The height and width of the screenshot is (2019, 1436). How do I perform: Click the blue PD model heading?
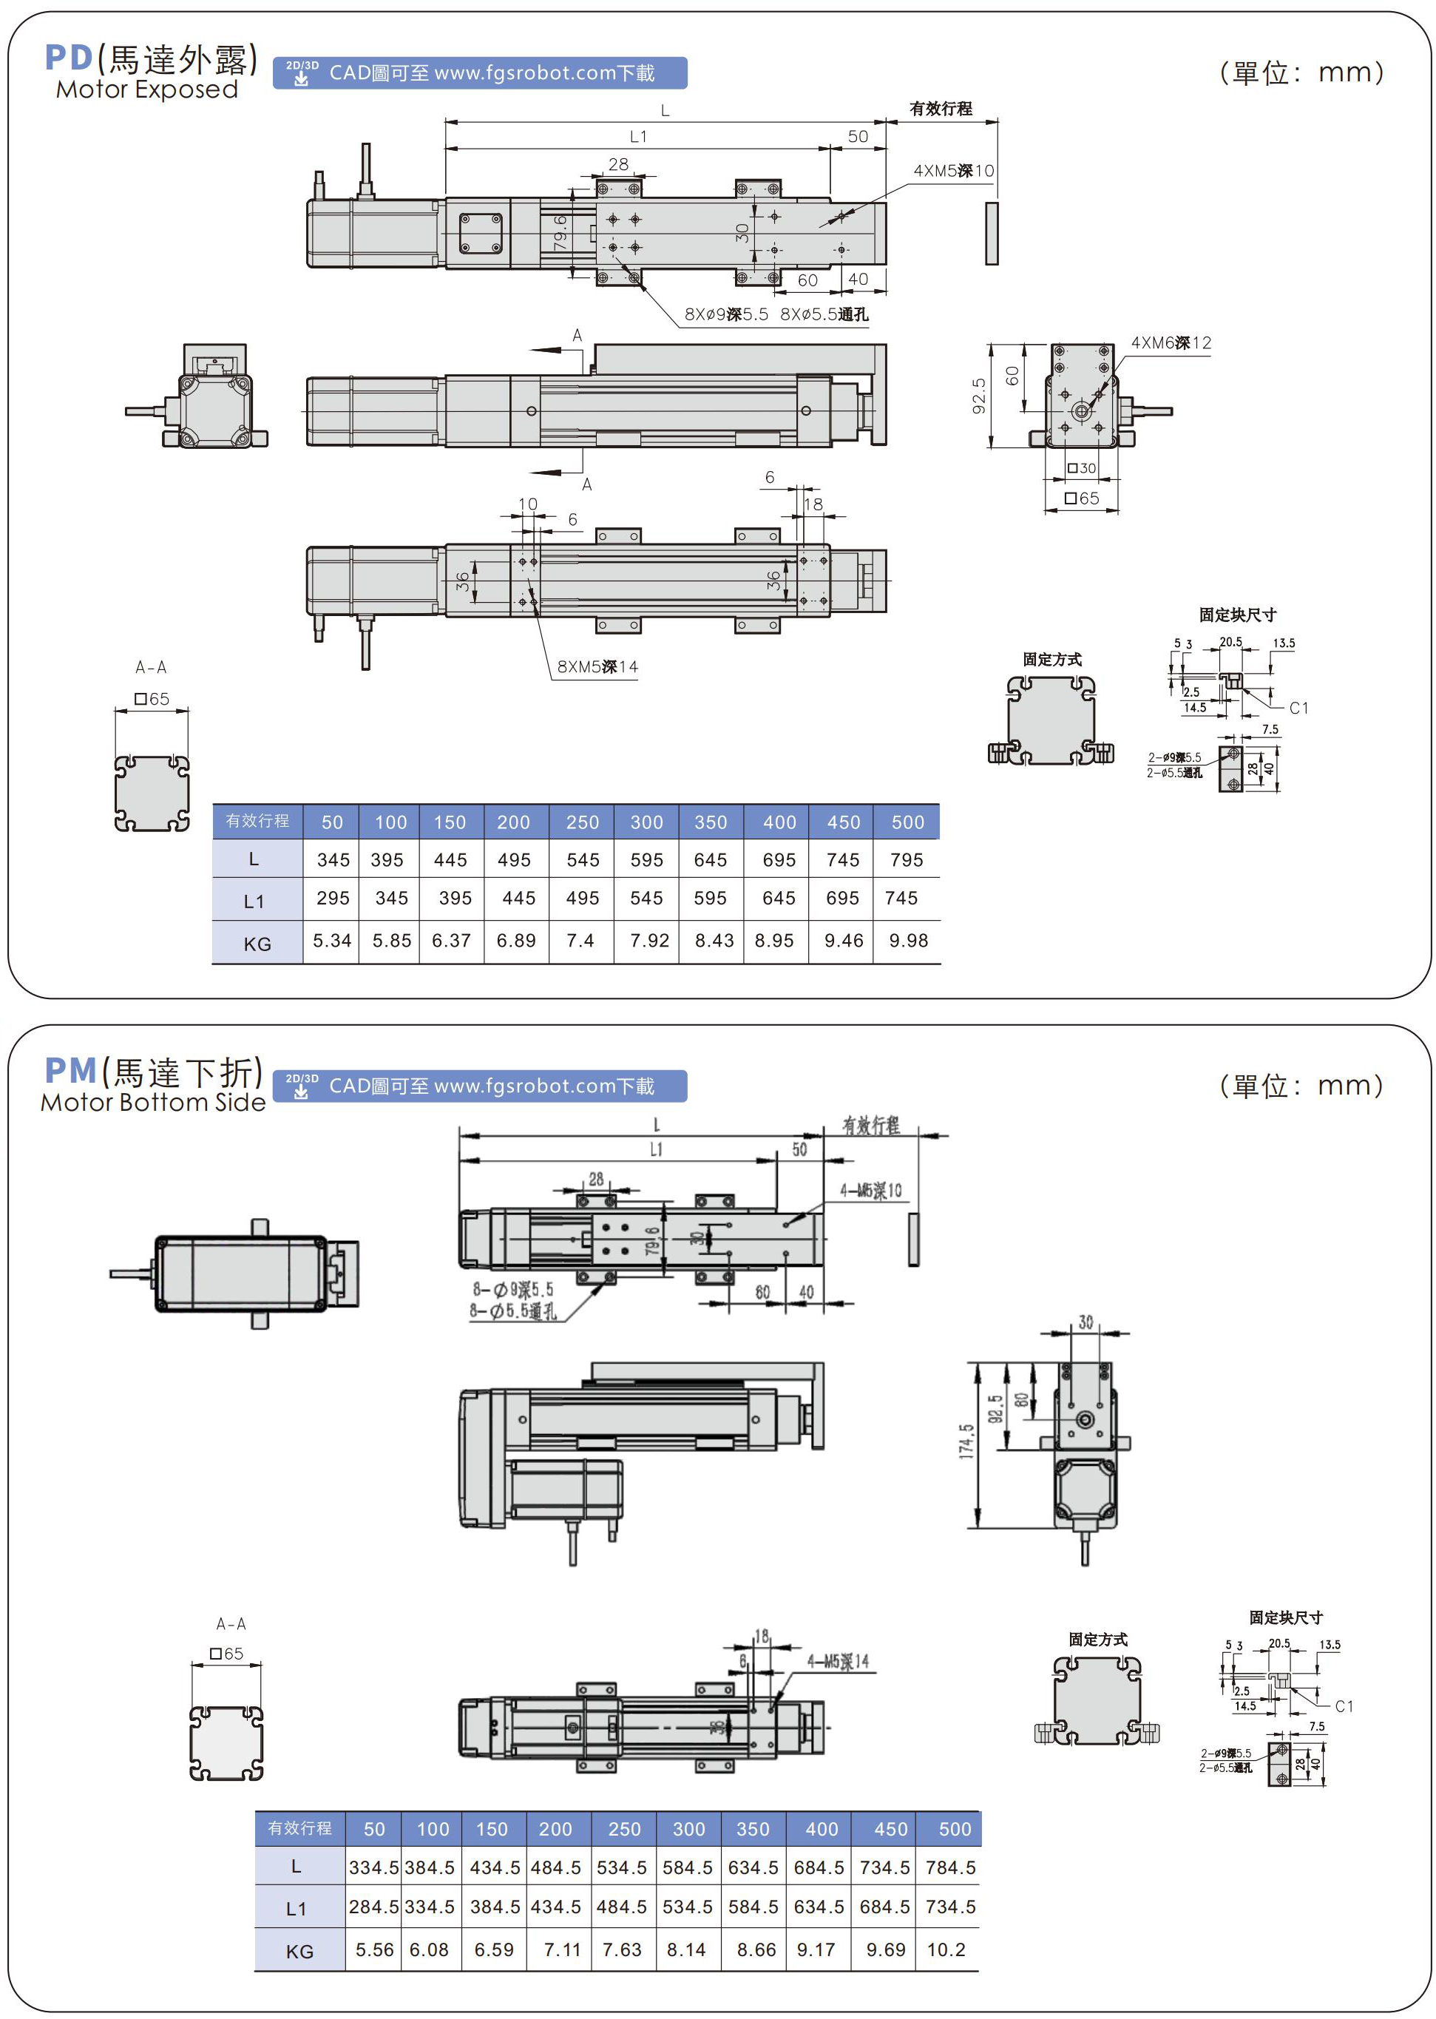pyautogui.click(x=69, y=58)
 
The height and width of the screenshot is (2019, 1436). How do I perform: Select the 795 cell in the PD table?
pyautogui.click(x=907, y=859)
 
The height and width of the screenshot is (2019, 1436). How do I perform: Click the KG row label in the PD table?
pyautogui.click(x=257, y=944)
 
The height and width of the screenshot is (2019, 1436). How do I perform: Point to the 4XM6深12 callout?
pyautogui.click(x=1171, y=343)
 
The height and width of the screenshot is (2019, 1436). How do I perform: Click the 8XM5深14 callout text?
pyautogui.click(x=597, y=667)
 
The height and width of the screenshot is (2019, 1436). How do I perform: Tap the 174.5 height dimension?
pyautogui.click(x=966, y=1441)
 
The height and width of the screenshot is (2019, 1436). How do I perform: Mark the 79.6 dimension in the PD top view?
pyautogui.click(x=560, y=231)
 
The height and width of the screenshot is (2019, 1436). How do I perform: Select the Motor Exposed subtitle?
pyautogui.click(x=147, y=89)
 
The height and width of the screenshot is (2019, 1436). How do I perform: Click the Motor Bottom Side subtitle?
pyautogui.click(x=153, y=1103)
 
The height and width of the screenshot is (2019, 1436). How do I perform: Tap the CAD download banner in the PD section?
pyautogui.click(x=480, y=73)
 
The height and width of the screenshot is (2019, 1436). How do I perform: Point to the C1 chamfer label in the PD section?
pyautogui.click(x=1298, y=708)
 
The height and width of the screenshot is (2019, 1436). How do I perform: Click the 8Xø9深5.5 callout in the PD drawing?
pyautogui.click(x=726, y=315)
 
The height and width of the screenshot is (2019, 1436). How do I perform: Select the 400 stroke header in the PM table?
pyautogui.click(x=822, y=1829)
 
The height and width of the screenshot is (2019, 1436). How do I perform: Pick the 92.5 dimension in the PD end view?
pyautogui.click(x=979, y=396)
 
